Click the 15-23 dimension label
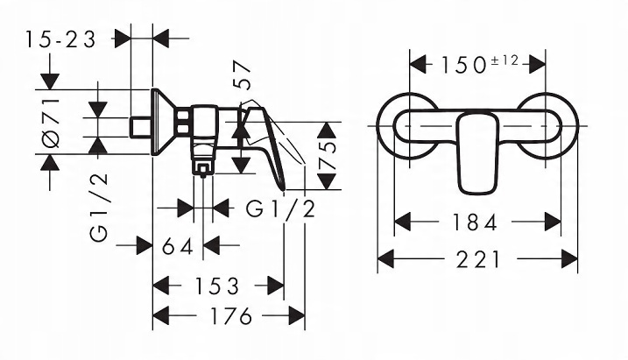click(x=61, y=39)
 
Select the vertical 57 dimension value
click(x=242, y=74)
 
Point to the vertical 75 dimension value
click(x=328, y=156)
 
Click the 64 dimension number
click(x=178, y=247)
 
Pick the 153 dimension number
click(x=217, y=286)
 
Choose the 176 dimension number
click(x=231, y=316)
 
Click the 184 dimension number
click(x=475, y=222)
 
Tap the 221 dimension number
click(x=478, y=259)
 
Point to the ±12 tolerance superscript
click(x=505, y=60)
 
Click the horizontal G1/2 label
click(x=280, y=208)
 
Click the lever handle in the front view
click(x=476, y=153)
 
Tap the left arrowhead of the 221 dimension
click(x=386, y=258)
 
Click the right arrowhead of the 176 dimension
click(x=297, y=316)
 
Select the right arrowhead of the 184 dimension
click(x=553, y=222)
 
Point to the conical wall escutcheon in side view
click(x=163, y=122)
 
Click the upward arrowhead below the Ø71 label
click(x=50, y=163)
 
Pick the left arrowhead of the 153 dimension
click(x=161, y=286)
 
